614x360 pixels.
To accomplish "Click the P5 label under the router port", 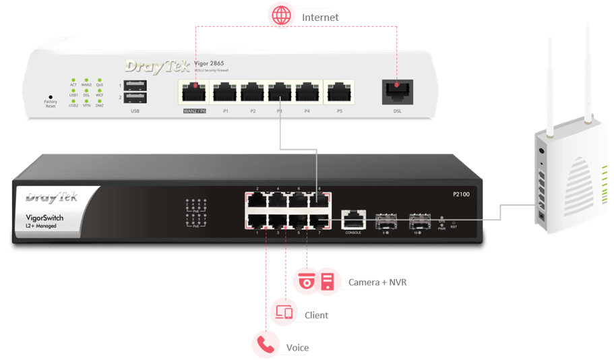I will [x=340, y=111].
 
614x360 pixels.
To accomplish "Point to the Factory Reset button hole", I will [x=51, y=97].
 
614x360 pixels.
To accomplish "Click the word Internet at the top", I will [x=320, y=16].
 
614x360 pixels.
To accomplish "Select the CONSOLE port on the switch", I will [x=353, y=219].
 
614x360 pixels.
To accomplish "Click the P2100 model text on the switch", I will [x=461, y=193].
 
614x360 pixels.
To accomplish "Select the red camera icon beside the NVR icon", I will [x=306, y=282].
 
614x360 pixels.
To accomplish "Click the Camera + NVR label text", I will [x=377, y=282].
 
